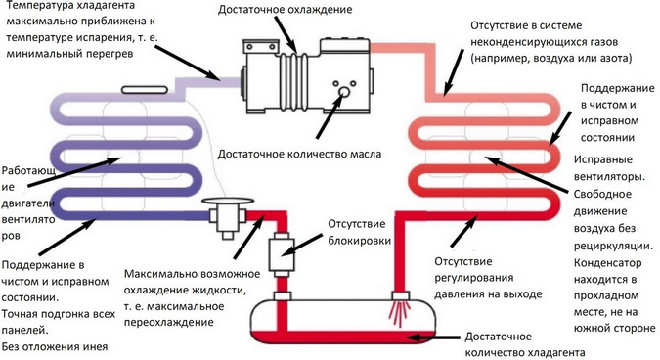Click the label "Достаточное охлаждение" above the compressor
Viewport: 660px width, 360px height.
coord(285,10)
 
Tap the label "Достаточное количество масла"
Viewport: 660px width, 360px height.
coord(299,155)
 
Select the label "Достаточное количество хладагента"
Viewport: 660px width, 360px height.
coord(525,344)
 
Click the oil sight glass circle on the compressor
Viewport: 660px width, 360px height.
coord(344,91)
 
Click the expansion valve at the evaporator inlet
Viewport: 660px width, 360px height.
coord(227,218)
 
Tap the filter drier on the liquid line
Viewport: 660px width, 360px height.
coord(282,252)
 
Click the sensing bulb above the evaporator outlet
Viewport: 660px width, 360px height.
coord(145,90)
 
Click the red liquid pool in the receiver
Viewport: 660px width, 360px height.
coord(342,337)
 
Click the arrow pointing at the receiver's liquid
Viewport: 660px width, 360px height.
coord(435,337)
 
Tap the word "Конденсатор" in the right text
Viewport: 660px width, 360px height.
coord(608,263)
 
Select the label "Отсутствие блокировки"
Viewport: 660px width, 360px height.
coord(360,232)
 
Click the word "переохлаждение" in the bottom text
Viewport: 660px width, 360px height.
coord(169,323)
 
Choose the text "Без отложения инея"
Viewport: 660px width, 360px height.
coord(55,347)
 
